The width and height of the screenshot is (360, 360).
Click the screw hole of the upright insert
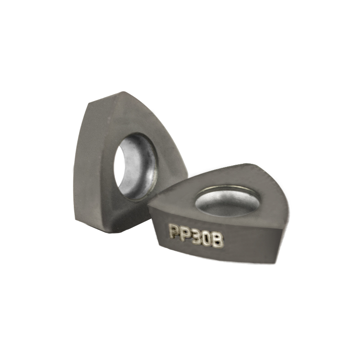tap(135, 167)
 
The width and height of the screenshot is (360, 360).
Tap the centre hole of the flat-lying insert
tap(227, 201)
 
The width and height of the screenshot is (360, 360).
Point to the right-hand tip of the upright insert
tap(188, 176)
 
